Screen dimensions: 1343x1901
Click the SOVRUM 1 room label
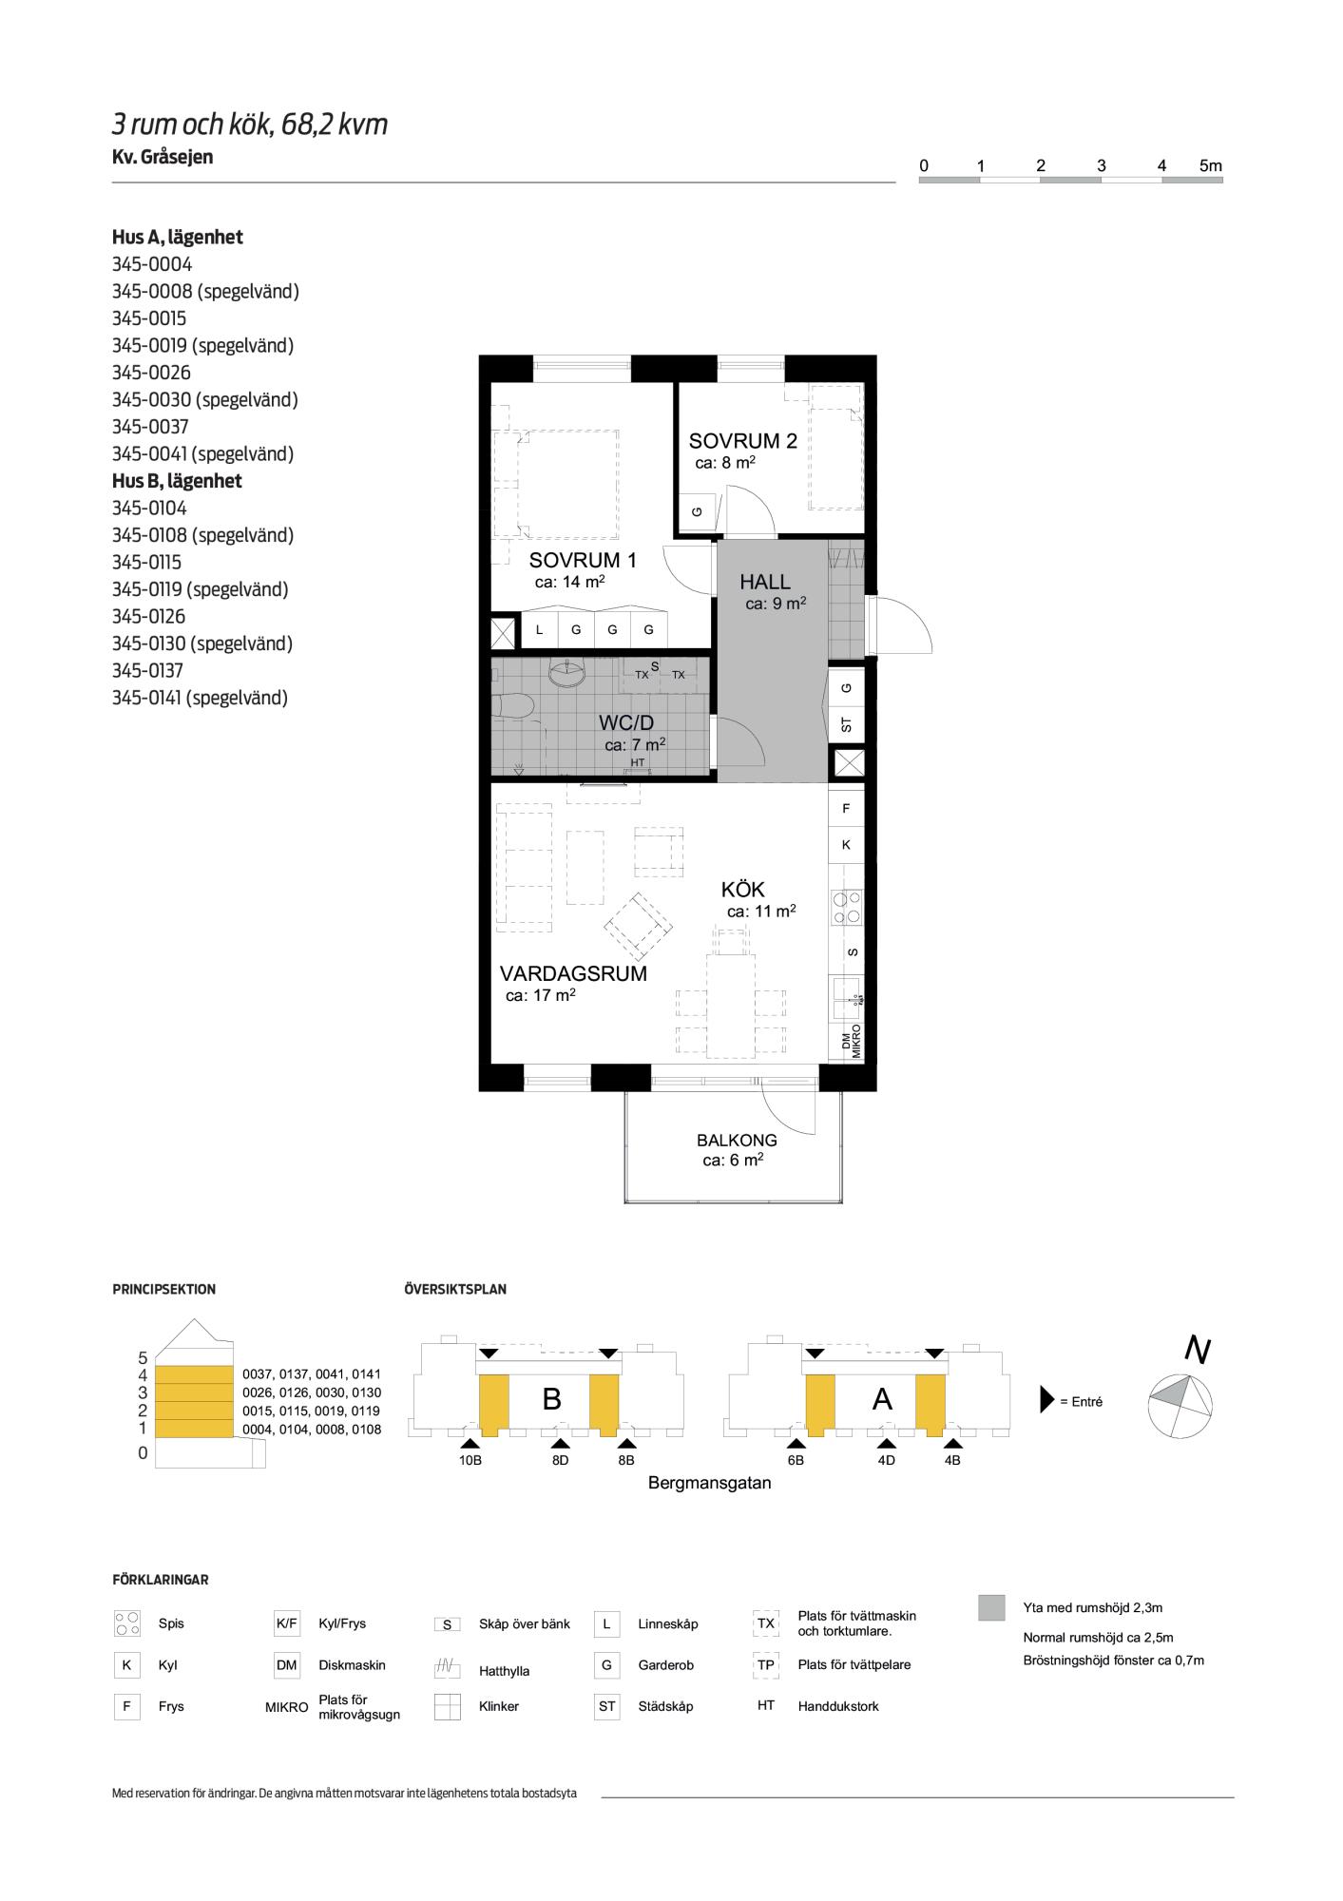(x=583, y=561)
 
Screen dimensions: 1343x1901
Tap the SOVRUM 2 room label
(x=743, y=441)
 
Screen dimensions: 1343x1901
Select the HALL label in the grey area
(x=765, y=583)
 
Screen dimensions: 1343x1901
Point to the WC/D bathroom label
(x=626, y=723)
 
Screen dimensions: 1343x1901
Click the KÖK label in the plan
(x=743, y=890)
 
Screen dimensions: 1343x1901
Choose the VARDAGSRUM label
(x=574, y=973)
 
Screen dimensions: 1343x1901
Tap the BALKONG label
(x=737, y=1141)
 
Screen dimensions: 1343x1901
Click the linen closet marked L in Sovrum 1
(x=540, y=629)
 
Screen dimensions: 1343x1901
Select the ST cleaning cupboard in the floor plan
(x=847, y=724)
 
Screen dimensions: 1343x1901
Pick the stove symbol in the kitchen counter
(x=847, y=906)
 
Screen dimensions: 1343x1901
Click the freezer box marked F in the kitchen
(x=847, y=809)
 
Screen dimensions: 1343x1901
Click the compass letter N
(x=1198, y=1350)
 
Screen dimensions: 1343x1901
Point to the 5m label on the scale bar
(x=1211, y=165)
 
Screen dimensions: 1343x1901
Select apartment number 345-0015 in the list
(x=149, y=318)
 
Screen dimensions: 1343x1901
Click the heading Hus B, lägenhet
(x=177, y=481)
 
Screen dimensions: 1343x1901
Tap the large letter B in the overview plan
(x=552, y=1399)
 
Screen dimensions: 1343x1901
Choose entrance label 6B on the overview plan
(x=796, y=1460)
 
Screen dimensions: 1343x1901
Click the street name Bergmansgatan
(x=709, y=1483)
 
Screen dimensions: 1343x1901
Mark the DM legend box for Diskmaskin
(x=286, y=1665)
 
